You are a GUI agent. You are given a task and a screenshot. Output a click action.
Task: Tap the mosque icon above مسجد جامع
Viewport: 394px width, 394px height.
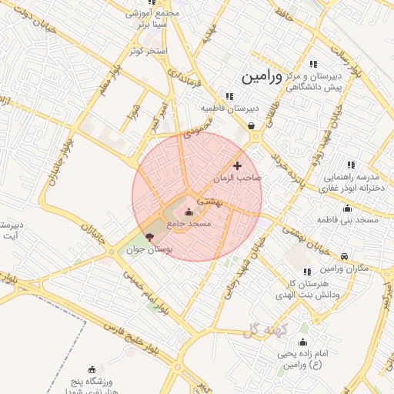(x=189, y=212)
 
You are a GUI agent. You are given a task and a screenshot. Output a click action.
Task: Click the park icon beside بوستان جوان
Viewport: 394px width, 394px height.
(x=149, y=238)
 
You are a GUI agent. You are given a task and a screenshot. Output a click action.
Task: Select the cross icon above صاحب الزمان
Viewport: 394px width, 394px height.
(x=237, y=165)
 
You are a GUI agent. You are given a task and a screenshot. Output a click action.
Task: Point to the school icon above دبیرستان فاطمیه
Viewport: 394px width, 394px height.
(x=229, y=96)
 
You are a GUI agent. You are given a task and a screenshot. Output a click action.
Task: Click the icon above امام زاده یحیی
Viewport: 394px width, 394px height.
(x=303, y=342)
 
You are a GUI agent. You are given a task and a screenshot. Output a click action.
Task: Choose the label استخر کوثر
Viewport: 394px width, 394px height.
(x=149, y=51)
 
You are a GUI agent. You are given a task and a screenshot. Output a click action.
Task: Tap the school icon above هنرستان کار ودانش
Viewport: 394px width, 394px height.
(x=307, y=272)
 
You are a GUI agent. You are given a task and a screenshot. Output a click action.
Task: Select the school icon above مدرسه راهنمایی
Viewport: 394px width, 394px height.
(x=351, y=165)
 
